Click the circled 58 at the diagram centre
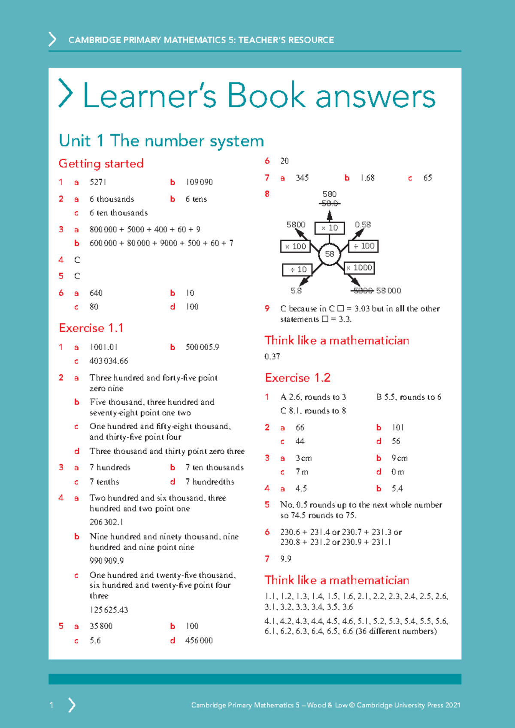(329, 254)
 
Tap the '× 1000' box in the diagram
(360, 268)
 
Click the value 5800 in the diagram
(296, 224)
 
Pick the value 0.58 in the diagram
(363, 224)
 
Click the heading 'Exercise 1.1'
(91, 328)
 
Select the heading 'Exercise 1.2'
(297, 378)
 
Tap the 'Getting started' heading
(101, 164)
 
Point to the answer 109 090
(199, 182)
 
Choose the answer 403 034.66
(109, 361)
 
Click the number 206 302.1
(106, 522)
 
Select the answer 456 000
(199, 640)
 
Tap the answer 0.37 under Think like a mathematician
(272, 357)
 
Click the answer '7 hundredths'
(210, 482)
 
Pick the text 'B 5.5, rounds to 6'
(409, 397)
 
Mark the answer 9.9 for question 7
(285, 559)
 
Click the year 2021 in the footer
(452, 705)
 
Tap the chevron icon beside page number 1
(72, 705)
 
